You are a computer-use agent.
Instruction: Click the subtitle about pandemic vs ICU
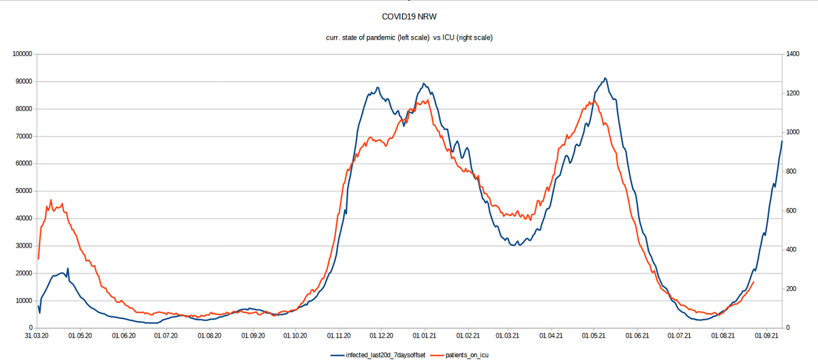click(409, 37)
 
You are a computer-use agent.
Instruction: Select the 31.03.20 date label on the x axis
click(37, 336)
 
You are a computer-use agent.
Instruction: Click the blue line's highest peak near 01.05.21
click(605, 78)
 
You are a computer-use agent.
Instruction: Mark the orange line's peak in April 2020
click(51, 200)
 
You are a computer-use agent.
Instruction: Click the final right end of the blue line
click(782, 141)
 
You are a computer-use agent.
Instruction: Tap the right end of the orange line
click(753, 282)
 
